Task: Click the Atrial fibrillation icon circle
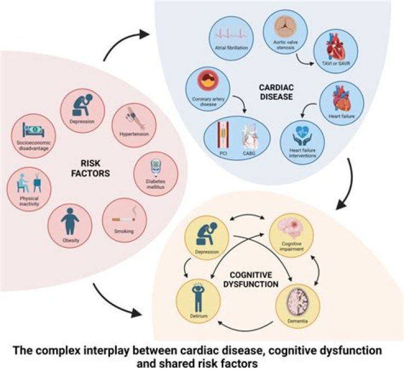pos(228,34)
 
